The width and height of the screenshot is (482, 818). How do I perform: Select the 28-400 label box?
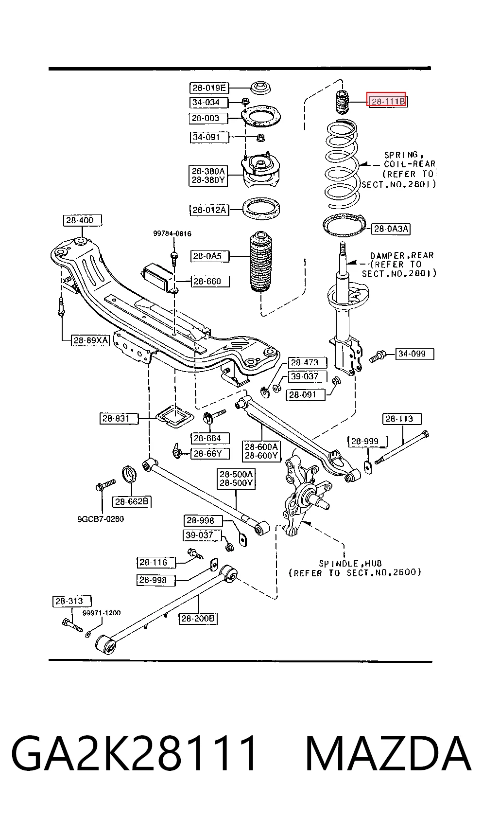coord(82,220)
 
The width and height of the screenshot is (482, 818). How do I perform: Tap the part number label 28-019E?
coord(209,88)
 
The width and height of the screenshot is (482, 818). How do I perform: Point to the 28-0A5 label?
coord(210,256)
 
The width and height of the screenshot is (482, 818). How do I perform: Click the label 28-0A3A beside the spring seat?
coord(391,229)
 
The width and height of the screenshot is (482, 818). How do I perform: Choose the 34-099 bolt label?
coord(415,354)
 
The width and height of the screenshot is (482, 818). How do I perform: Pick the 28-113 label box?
coord(402,419)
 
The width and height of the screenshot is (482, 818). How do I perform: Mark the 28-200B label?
coord(198,618)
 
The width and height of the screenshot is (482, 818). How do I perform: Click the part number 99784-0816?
coord(172,234)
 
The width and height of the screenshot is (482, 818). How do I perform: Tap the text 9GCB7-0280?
coord(101,519)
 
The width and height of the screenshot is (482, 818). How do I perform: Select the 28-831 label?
coord(119,419)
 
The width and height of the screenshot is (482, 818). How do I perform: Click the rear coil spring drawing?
coord(342,165)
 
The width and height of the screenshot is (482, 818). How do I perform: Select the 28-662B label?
coord(132,502)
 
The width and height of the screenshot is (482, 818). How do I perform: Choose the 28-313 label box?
coord(72,601)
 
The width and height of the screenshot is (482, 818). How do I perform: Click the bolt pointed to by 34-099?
coord(377,356)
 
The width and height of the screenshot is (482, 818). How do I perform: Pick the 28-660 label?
coord(210,282)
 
